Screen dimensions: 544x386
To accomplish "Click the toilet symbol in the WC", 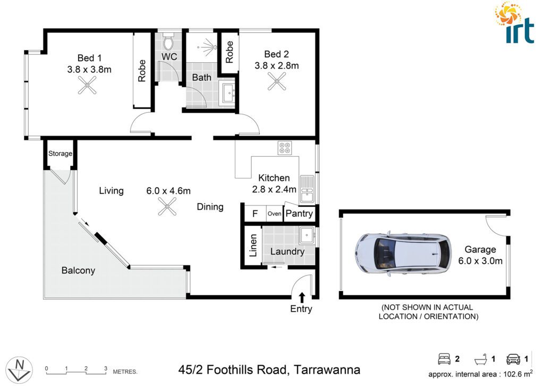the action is [168, 43].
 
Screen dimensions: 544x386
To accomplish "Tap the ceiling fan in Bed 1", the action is [87, 86].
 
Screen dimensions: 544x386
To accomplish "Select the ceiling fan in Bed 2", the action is [277, 81].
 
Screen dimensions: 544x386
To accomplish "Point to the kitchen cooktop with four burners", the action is [285, 147].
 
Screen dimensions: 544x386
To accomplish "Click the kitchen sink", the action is [307, 189].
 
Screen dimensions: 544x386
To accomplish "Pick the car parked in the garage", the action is [403, 253].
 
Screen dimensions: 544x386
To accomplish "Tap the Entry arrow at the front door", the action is [302, 298].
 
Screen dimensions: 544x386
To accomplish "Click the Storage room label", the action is [60, 154].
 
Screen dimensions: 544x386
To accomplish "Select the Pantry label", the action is [299, 214].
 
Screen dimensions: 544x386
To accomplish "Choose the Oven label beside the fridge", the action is [274, 214].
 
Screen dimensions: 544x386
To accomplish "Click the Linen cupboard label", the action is [253, 246].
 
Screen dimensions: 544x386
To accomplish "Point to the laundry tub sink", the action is [307, 237].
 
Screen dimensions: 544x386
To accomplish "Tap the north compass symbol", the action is [20, 370].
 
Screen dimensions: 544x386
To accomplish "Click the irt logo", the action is [515, 23].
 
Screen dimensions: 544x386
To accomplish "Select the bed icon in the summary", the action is [444, 359].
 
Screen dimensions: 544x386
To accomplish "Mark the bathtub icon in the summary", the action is [480, 359].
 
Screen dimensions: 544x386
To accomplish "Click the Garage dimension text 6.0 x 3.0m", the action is [480, 261].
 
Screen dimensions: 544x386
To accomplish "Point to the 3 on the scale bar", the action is [106, 368].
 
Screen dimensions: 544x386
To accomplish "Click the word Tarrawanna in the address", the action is [327, 370].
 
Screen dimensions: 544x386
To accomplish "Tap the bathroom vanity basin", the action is [228, 94].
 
